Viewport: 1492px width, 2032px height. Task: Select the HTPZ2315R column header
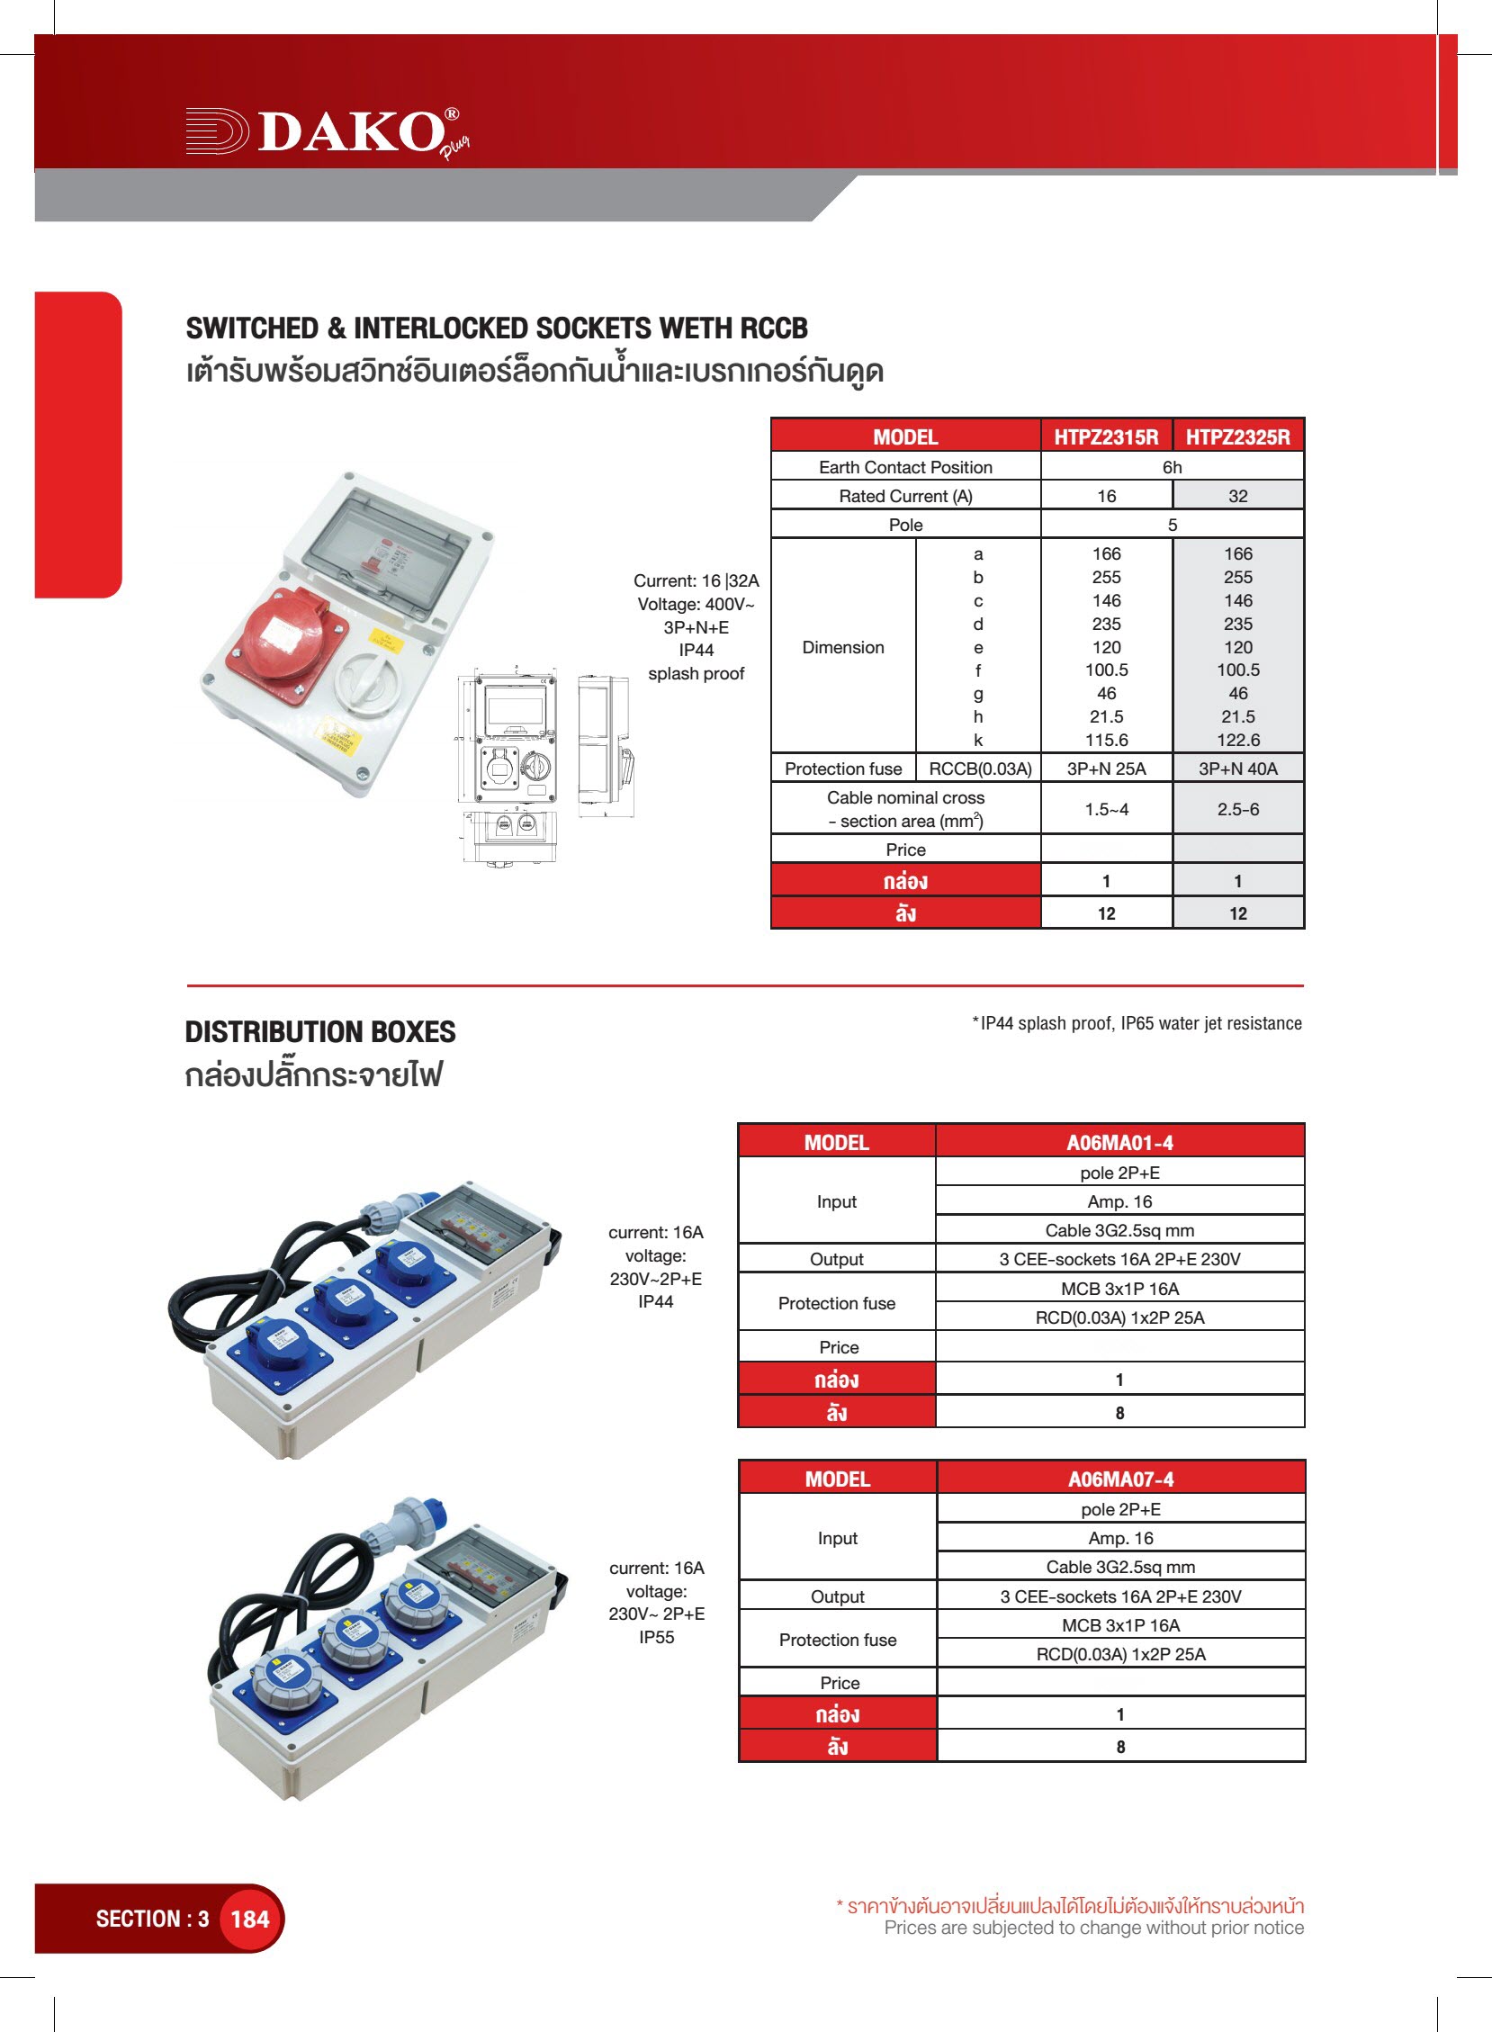[x=1105, y=437]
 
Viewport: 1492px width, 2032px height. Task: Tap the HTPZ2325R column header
[x=1237, y=437]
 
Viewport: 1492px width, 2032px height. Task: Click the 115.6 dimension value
[x=1105, y=740]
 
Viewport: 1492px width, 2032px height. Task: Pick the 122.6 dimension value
[x=1237, y=740]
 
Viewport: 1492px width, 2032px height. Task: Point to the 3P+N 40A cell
[x=1237, y=769]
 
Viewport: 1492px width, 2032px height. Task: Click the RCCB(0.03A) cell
[x=979, y=769]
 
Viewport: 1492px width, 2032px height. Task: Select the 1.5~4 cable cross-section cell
[x=1105, y=809]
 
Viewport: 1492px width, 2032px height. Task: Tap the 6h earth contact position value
[x=1172, y=467]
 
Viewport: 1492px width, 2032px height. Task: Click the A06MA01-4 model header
[x=1119, y=1142]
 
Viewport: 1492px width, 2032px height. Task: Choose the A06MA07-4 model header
[x=1120, y=1479]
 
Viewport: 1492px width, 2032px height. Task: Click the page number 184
[x=250, y=1919]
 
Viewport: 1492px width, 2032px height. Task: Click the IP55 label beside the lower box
[x=656, y=1637]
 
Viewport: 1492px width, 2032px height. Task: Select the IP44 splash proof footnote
[x=1137, y=1023]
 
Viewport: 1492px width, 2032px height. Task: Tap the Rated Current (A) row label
[x=905, y=496]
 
